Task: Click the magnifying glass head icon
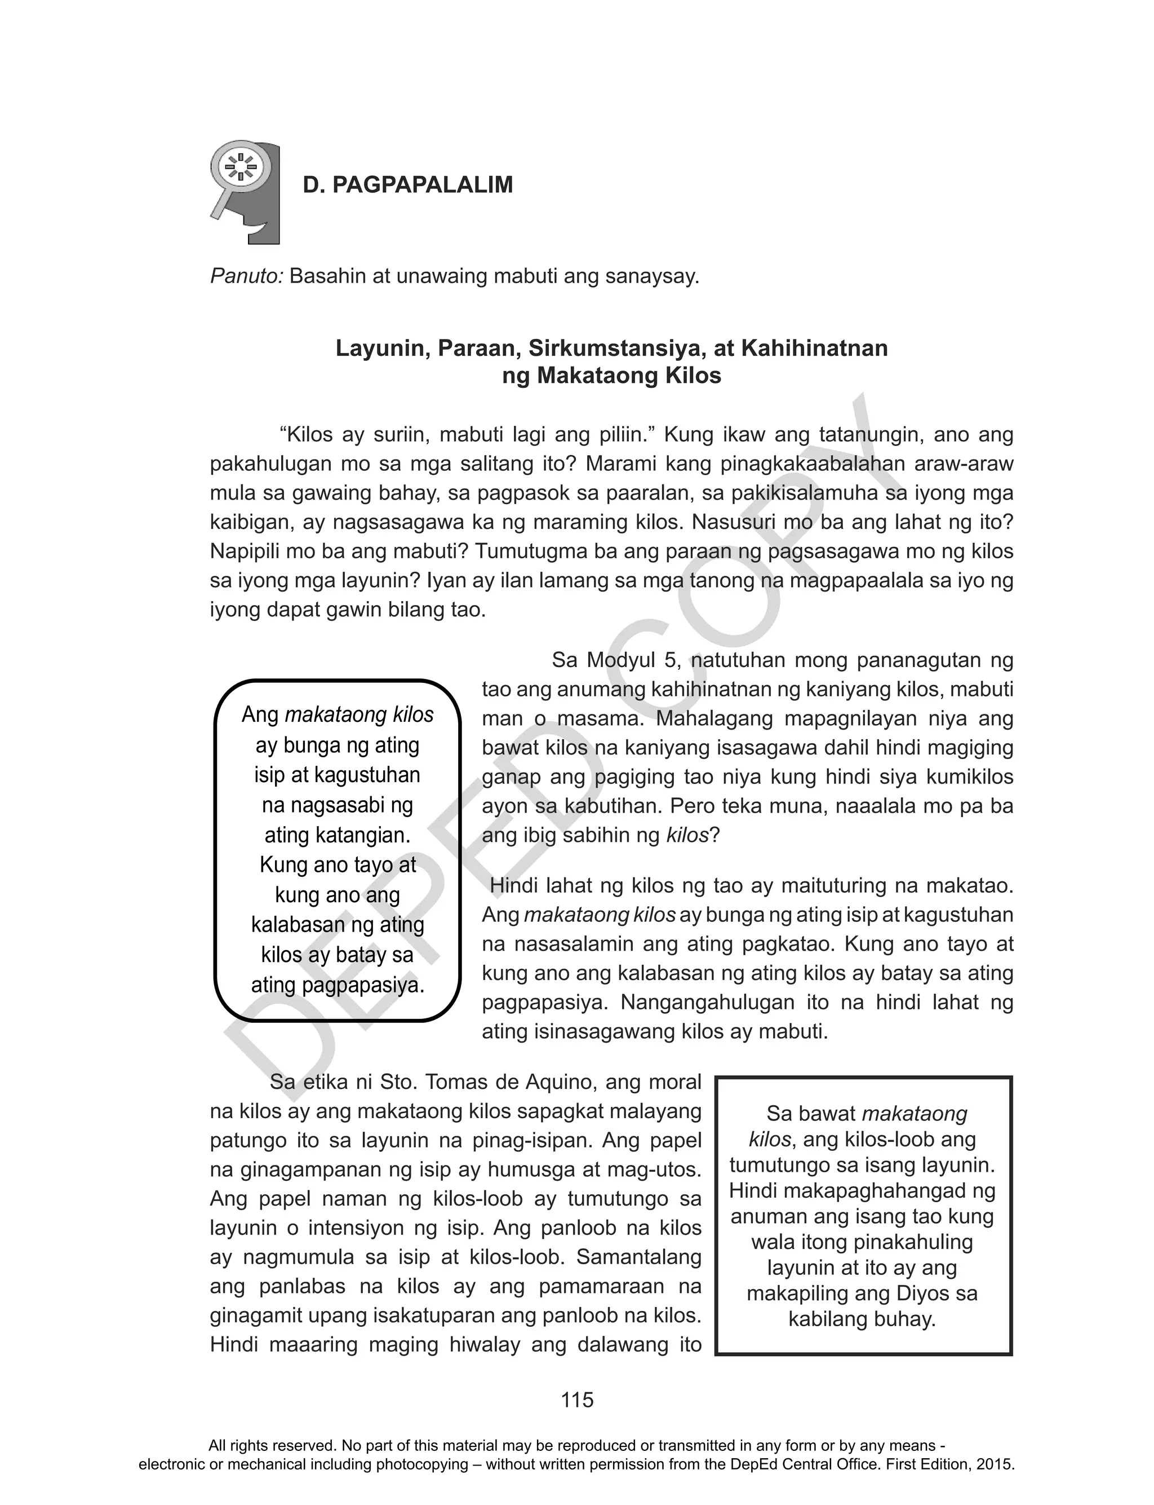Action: [x=245, y=192]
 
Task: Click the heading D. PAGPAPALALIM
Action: [x=408, y=186]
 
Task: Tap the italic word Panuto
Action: [x=246, y=276]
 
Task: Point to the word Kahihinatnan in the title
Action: [x=814, y=348]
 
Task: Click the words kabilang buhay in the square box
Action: [x=862, y=1319]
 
